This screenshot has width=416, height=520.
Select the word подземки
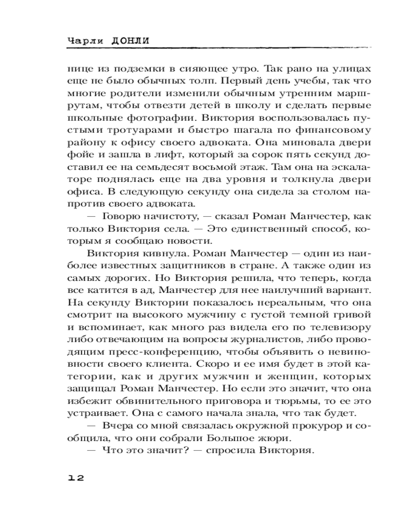[x=135, y=69]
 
